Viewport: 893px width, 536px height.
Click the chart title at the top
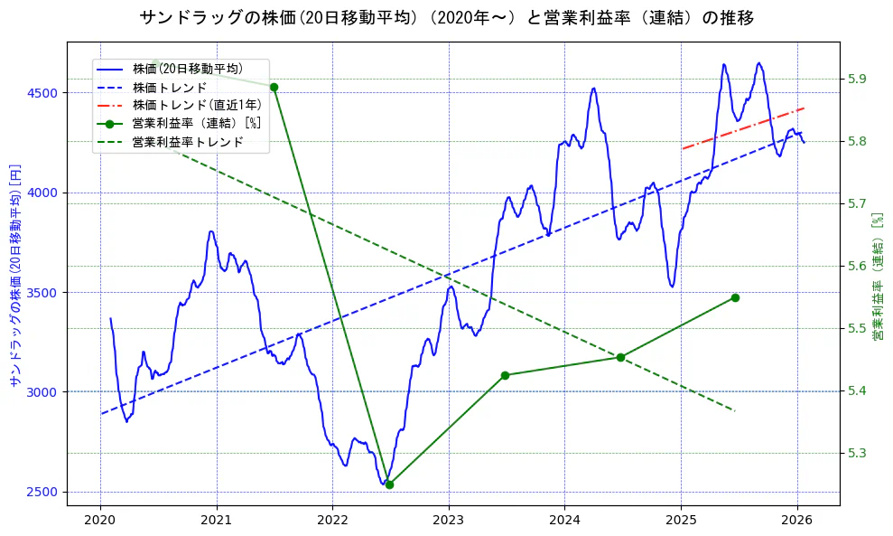click(446, 17)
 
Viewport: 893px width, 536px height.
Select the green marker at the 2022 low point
click(389, 484)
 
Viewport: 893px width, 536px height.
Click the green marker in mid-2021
click(274, 87)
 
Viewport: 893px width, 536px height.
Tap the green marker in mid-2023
click(505, 375)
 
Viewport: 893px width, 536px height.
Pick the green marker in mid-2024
click(620, 357)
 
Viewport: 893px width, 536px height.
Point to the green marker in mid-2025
click(735, 297)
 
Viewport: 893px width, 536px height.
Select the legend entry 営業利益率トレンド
click(188, 142)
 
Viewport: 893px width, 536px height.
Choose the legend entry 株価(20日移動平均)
click(187, 68)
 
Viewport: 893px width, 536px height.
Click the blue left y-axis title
click(14, 275)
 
